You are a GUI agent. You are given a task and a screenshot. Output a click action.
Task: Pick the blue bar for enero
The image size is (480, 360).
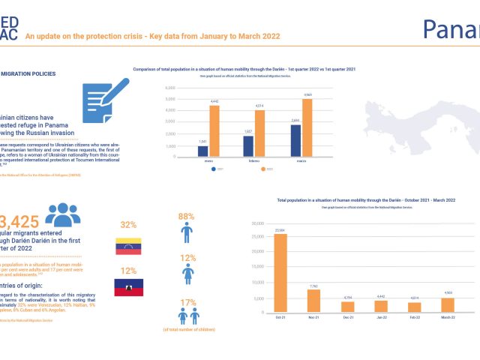[202, 151]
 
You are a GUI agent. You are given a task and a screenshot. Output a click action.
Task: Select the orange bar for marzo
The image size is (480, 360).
[307, 127]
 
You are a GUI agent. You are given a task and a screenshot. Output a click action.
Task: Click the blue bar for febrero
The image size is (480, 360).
[248, 145]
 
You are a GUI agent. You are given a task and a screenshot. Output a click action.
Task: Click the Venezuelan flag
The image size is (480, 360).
[128, 247]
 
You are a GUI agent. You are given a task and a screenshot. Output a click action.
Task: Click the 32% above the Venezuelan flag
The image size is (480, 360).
[128, 224]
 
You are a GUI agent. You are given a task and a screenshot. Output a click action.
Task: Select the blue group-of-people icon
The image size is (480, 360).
[62, 215]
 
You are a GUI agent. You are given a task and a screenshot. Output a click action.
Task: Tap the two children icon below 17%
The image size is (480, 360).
[186, 316]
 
